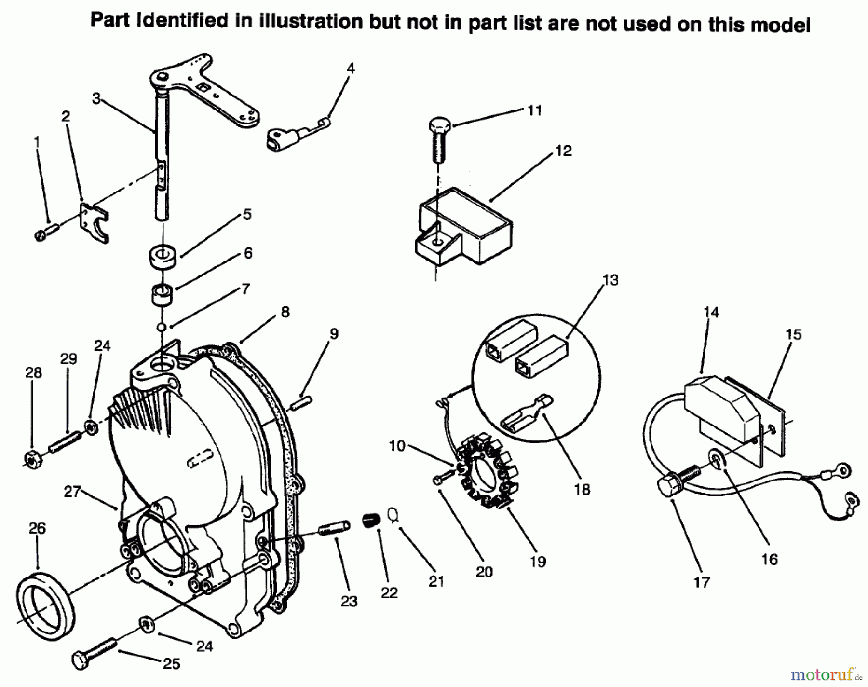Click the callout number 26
(x=37, y=528)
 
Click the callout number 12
(x=563, y=151)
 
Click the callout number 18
(x=582, y=489)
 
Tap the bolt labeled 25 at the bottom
(x=94, y=651)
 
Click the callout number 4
(x=351, y=69)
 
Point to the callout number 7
(x=246, y=289)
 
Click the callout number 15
(x=793, y=334)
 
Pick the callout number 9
(x=334, y=333)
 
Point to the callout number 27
(x=72, y=492)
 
